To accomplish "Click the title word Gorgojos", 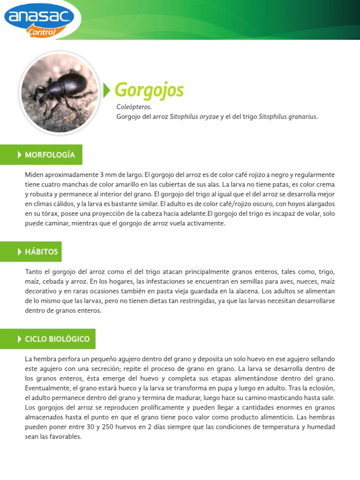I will tap(149, 90).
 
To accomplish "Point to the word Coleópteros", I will tap(134, 107).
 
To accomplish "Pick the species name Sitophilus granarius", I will tap(288, 117).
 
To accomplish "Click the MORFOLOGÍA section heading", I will tap(50, 155).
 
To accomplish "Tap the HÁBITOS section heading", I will tap(41, 252).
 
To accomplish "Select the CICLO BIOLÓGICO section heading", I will tap(57, 339).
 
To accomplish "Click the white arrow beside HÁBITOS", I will tap(20, 252).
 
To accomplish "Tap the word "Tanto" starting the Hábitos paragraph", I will tap(34, 271).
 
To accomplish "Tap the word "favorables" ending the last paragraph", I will tap(67, 437).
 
